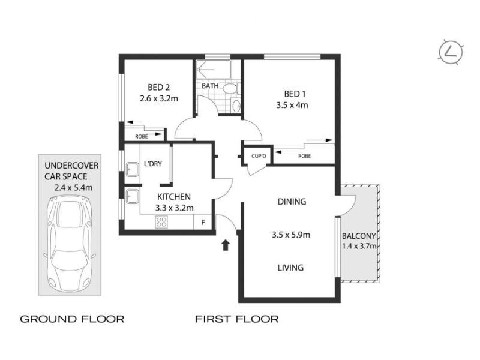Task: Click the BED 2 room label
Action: [158, 87]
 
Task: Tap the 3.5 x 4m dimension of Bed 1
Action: [292, 105]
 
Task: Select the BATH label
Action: [210, 86]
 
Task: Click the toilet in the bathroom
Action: [230, 89]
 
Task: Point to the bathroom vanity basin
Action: [237, 106]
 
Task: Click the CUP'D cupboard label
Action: [259, 156]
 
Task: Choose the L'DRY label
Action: [153, 164]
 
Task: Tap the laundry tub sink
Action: [132, 169]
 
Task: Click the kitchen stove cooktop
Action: [161, 222]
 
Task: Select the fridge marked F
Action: [203, 222]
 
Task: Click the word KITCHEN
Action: [174, 197]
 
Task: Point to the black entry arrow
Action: [226, 245]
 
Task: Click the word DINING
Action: [292, 202]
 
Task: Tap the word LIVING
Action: [290, 268]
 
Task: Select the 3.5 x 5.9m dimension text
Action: [291, 235]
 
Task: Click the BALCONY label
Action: [359, 236]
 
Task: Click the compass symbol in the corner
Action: [451, 52]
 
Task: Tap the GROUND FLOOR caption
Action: [72, 319]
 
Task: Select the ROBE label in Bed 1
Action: [305, 156]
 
